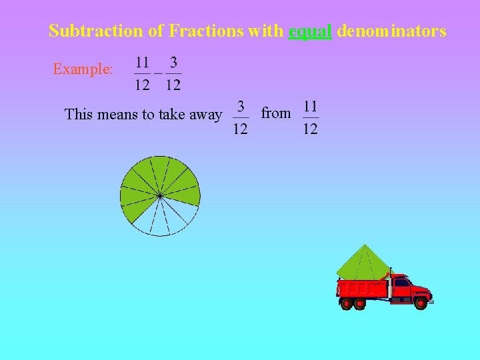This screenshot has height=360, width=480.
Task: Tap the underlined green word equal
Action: point(310,31)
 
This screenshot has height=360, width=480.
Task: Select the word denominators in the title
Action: point(391,31)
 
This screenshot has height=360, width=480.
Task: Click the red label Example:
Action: point(83,69)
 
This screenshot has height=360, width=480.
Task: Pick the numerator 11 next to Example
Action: point(142,63)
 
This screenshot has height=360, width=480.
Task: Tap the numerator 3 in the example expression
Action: point(173,63)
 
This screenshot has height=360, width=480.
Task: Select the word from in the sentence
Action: point(276,113)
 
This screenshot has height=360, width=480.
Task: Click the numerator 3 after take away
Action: point(241,107)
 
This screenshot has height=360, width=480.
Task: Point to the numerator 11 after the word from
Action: point(310,107)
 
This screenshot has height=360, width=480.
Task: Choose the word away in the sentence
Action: point(205,115)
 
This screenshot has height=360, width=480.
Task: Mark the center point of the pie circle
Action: point(160,195)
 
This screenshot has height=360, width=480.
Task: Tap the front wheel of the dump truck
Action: point(420,303)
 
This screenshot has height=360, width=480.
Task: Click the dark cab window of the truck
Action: point(402,283)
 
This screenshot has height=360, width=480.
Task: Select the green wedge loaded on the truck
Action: point(362,263)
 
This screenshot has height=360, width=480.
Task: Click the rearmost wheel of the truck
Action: point(346,304)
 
